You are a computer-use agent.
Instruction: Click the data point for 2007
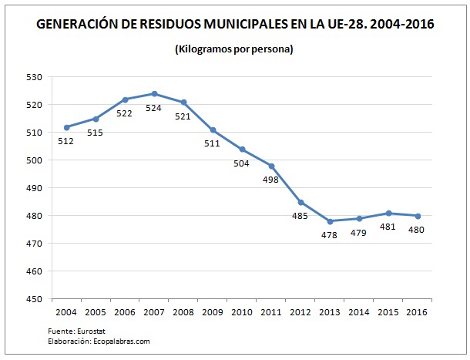[x=154, y=93]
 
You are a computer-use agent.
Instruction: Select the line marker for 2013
[x=330, y=221]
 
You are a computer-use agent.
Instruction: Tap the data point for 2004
[x=66, y=127]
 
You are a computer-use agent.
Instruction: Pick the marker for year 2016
[x=417, y=216]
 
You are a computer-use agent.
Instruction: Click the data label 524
[x=154, y=108]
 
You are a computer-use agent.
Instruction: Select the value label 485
[x=300, y=217]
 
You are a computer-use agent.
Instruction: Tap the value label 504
[x=241, y=163]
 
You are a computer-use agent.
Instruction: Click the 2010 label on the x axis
[x=242, y=312]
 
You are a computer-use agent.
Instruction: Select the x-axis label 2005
[x=96, y=312]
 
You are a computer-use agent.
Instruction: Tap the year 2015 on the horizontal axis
[x=388, y=312]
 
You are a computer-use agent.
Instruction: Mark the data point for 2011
[x=271, y=166]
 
